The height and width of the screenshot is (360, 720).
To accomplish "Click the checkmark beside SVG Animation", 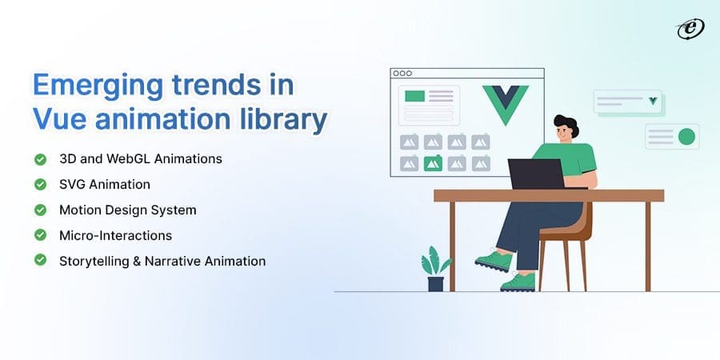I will click(40, 184).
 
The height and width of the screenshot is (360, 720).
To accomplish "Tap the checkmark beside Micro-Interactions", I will click(40, 235).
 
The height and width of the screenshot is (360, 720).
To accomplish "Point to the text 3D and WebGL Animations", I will click(140, 158).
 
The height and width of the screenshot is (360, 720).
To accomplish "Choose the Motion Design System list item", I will click(127, 210).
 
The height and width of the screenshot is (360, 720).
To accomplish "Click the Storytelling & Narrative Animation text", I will click(162, 261).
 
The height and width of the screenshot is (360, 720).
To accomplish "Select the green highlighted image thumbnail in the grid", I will click(433, 164).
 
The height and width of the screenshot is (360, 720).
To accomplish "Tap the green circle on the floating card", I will click(686, 137).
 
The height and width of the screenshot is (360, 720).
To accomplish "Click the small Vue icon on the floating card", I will click(654, 101).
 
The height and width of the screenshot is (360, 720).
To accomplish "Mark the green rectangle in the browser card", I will click(414, 96).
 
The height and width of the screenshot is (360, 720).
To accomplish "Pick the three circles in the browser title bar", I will click(402, 73).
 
